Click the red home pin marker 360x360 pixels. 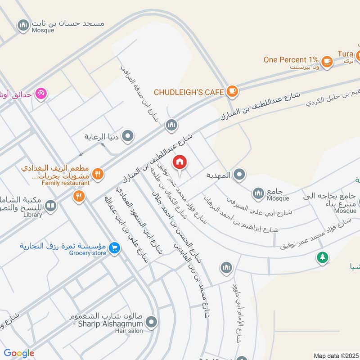coord(180,162)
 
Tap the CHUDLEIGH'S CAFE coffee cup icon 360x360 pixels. coord(232,91)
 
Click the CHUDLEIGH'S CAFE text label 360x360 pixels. coord(189,92)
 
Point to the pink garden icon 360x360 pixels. coord(41,94)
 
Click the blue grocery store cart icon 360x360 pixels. coord(114,247)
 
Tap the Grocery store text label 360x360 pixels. coord(88,253)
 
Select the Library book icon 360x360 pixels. coord(51,206)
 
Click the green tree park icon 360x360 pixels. coord(322,257)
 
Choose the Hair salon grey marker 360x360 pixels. coord(152,322)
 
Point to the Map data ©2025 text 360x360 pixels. coord(336,355)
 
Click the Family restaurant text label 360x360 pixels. coord(66,183)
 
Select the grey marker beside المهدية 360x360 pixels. coord(240,175)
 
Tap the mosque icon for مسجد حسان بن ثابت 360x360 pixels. coord(23,25)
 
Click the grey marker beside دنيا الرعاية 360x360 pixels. coord(128,135)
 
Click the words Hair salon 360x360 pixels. coord(129,331)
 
